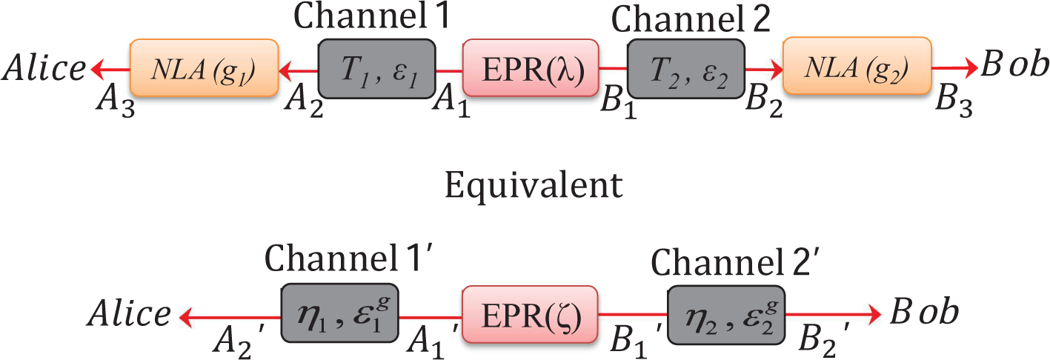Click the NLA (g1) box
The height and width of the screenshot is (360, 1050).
[x=205, y=68]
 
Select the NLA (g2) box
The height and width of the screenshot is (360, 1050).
[x=857, y=66]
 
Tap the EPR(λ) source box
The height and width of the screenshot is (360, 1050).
[x=531, y=68]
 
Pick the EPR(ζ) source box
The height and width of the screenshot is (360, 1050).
[x=530, y=315]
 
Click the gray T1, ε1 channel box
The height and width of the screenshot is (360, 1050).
[x=377, y=69]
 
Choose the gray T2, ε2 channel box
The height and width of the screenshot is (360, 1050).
[x=686, y=69]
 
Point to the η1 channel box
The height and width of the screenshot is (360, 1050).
[x=340, y=313]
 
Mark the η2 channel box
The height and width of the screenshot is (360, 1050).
[x=726, y=315]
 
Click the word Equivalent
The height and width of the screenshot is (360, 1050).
[x=534, y=186]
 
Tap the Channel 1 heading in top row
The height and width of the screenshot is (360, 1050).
[x=372, y=17]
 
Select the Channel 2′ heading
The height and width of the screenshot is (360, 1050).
[x=735, y=262]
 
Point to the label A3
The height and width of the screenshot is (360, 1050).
[x=116, y=102]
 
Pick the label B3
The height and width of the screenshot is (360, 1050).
[x=954, y=101]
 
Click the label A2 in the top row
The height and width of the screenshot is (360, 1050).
[x=304, y=103]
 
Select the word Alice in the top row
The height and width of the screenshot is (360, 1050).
[x=44, y=68]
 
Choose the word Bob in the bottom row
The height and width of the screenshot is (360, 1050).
[x=924, y=311]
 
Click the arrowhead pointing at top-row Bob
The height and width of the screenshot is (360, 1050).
[x=969, y=68]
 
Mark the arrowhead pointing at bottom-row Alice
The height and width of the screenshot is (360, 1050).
[x=187, y=317]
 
